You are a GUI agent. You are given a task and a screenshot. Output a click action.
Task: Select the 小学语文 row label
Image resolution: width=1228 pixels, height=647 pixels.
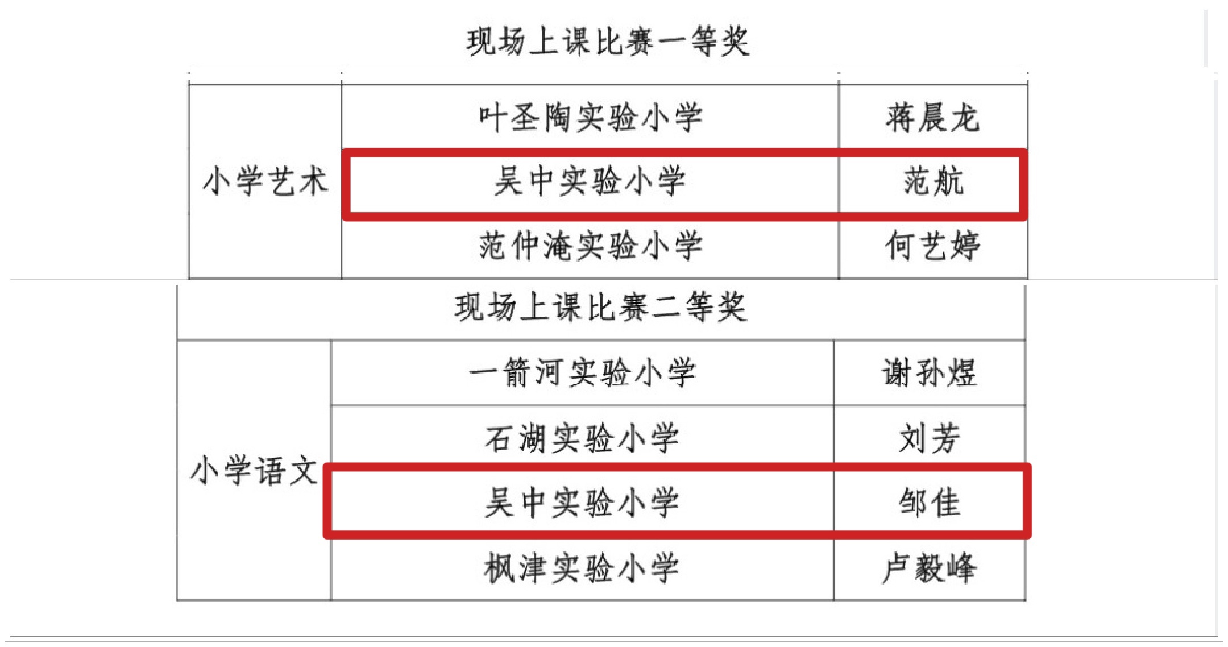pyautogui.click(x=254, y=471)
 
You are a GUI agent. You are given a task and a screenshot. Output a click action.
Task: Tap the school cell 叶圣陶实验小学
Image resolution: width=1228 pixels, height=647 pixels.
pyautogui.click(x=590, y=118)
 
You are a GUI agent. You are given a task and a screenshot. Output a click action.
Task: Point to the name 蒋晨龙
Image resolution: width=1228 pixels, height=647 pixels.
pyautogui.click(x=932, y=118)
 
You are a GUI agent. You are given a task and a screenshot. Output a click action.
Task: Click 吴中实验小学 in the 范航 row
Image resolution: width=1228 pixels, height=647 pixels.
pyautogui.click(x=590, y=182)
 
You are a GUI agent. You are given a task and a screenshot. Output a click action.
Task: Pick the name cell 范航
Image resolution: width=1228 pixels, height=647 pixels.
pyautogui.click(x=934, y=182)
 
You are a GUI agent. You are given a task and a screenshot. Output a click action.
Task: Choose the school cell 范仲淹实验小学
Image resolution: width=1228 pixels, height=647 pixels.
pyautogui.click(x=590, y=246)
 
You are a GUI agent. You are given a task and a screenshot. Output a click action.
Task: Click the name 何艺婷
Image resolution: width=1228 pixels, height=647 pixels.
pyautogui.click(x=932, y=246)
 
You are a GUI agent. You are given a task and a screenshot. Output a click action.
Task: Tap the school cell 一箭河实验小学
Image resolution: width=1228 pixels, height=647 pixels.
pyautogui.click(x=582, y=373)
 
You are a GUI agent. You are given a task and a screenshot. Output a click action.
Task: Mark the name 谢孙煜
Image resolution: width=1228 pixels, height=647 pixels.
pyautogui.click(x=929, y=373)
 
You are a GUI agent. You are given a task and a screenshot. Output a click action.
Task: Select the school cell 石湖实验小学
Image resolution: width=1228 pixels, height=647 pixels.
pyautogui.click(x=582, y=438)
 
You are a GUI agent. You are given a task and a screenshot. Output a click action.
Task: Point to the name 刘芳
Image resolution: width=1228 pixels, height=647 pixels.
pyautogui.click(x=930, y=438)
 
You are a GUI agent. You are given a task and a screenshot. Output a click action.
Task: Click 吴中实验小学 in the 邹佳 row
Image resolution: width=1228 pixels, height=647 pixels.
pyautogui.click(x=582, y=503)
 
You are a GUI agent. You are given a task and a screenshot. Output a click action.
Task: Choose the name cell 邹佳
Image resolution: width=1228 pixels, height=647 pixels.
pyautogui.click(x=930, y=503)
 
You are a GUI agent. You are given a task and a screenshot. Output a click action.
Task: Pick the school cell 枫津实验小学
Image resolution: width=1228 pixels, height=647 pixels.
pyautogui.click(x=582, y=568)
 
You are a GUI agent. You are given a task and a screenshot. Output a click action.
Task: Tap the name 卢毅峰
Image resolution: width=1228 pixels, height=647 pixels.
pyautogui.click(x=929, y=568)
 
